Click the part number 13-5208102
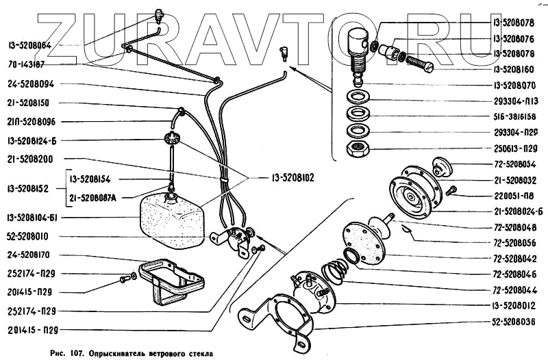point(288,177)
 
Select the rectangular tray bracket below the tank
point(168,277)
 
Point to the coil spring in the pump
point(336,273)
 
